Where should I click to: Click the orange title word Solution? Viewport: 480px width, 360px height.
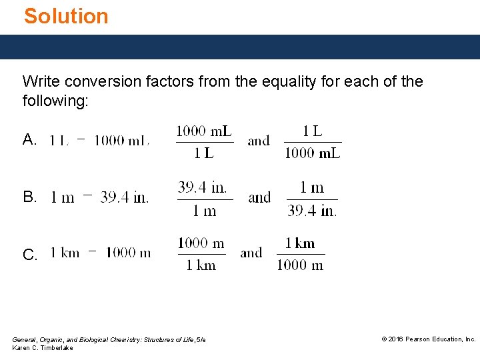tap(66, 16)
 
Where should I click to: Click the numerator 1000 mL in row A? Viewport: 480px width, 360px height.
tap(204, 131)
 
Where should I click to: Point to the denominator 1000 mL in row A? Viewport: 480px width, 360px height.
tap(313, 153)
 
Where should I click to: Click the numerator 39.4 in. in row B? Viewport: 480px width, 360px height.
tap(203, 187)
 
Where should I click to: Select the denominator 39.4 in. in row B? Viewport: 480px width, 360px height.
tap(312, 211)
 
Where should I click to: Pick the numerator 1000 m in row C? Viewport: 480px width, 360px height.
tap(201, 243)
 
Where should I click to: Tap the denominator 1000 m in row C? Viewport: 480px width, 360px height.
tap(300, 265)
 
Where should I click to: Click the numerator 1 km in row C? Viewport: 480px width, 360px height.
tap(300, 243)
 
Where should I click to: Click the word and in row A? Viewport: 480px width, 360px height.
tap(259, 141)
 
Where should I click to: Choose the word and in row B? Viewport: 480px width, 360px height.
tap(259, 198)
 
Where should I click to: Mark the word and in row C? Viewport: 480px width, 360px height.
tap(251, 253)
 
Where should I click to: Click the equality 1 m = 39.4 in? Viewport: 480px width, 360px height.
tap(100, 197)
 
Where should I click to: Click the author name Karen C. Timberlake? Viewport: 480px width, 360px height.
tap(43, 348)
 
